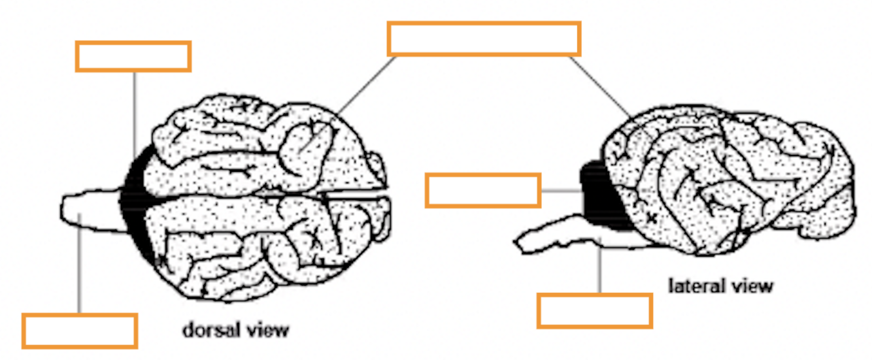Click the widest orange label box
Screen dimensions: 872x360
coord(484,39)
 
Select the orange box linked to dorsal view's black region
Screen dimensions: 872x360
coord(133,56)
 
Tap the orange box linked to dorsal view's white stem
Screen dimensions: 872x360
coord(80,331)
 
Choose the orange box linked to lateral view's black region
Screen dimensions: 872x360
coord(482,190)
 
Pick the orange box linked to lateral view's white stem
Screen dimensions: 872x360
coord(594,310)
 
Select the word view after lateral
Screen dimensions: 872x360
coord(751,286)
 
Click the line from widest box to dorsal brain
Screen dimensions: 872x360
coord(366,86)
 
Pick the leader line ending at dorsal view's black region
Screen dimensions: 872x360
coord(133,111)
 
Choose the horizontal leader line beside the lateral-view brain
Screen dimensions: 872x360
coord(561,191)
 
